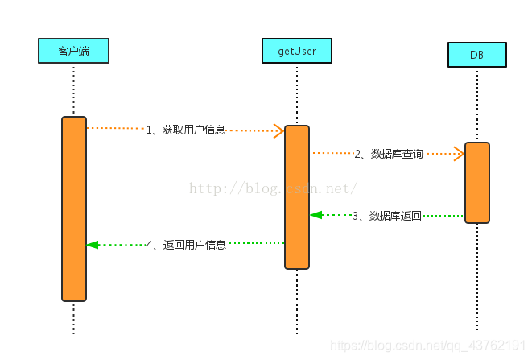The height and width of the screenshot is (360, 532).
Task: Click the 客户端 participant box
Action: (x=73, y=52)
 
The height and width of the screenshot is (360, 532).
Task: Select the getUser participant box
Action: (x=296, y=52)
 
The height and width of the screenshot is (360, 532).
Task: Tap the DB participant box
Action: (x=476, y=55)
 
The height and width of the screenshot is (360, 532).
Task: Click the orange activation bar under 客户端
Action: (x=73, y=209)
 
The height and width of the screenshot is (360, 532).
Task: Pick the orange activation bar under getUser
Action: (x=296, y=197)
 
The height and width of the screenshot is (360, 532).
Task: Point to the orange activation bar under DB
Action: (x=476, y=182)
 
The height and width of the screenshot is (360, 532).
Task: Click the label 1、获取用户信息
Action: (x=185, y=130)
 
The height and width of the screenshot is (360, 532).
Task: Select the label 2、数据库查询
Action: (x=389, y=154)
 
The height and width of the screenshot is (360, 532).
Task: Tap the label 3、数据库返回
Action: (x=387, y=216)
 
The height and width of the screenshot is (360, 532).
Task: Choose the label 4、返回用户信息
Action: (x=186, y=244)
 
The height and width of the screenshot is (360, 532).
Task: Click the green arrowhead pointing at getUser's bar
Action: (x=316, y=215)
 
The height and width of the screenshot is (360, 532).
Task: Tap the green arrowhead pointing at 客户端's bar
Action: (x=93, y=244)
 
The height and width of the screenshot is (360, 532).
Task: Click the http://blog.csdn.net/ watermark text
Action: (x=274, y=188)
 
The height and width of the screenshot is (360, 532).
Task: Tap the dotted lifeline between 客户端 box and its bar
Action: (x=73, y=89)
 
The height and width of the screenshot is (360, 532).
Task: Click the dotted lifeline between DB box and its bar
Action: (x=476, y=104)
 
